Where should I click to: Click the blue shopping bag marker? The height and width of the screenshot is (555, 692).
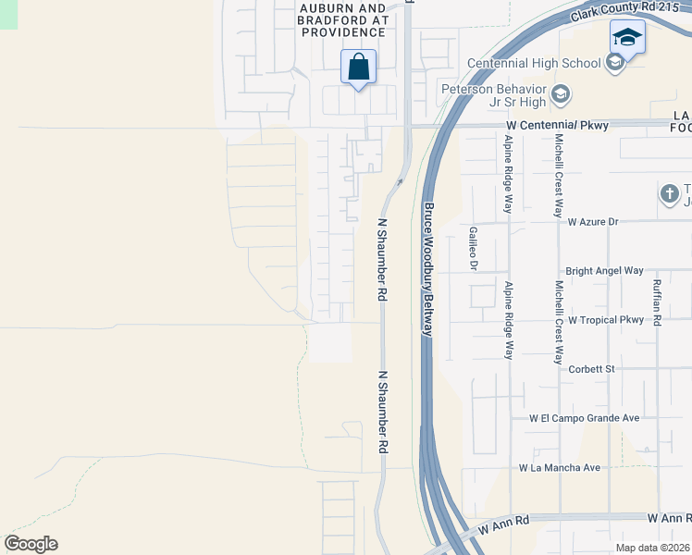pyautogui.click(x=358, y=68)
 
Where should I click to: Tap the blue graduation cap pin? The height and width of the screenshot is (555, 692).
pyautogui.click(x=627, y=39)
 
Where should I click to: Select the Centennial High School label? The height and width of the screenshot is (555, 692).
pyautogui.click(x=534, y=63)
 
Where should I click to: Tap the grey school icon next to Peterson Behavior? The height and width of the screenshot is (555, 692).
pyautogui.click(x=561, y=94)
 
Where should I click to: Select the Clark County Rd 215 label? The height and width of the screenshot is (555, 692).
pyautogui.click(x=613, y=12)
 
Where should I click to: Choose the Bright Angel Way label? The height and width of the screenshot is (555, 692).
pyautogui.click(x=604, y=271)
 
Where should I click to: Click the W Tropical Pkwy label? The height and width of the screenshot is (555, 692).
pyautogui.click(x=605, y=320)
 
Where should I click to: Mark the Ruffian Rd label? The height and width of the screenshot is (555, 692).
pyautogui.click(x=657, y=302)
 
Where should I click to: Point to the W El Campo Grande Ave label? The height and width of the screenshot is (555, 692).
pyautogui.click(x=585, y=418)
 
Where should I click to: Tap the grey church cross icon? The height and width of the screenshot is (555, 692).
pyautogui.click(x=669, y=194)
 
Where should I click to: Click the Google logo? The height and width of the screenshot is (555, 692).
pyautogui.click(x=31, y=544)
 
